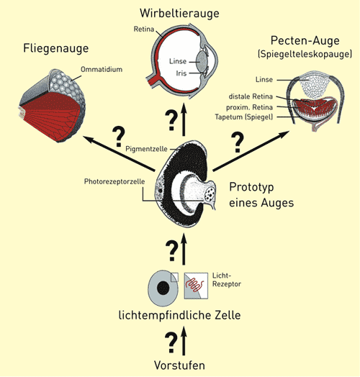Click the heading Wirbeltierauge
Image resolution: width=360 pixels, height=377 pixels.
(x=179, y=13)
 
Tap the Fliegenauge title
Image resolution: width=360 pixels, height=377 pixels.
(x=56, y=49)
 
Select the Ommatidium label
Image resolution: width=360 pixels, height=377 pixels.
(x=102, y=70)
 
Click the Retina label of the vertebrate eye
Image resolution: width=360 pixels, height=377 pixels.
(x=144, y=29)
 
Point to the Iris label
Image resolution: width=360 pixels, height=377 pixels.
(x=181, y=73)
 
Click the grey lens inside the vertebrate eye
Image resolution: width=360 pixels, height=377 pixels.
(x=202, y=62)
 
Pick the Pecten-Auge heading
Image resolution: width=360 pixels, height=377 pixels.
(x=305, y=40)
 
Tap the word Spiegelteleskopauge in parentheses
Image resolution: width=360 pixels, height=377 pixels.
(x=305, y=54)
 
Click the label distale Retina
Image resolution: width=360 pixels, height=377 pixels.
(x=251, y=96)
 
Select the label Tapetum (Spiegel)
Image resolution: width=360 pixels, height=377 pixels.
(x=244, y=117)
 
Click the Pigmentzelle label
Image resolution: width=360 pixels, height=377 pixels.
(x=146, y=149)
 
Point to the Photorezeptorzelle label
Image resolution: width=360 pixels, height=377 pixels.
(x=114, y=181)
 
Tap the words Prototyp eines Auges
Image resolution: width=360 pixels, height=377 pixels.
(x=261, y=195)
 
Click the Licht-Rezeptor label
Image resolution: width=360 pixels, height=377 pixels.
(x=227, y=280)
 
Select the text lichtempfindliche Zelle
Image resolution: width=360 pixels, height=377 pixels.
(x=179, y=315)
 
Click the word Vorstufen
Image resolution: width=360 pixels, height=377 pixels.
(x=179, y=365)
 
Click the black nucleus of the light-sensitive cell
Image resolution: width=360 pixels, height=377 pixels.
(x=163, y=288)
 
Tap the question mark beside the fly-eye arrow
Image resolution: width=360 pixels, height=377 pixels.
(x=118, y=137)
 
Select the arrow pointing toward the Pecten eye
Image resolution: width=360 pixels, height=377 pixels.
(x=251, y=151)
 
